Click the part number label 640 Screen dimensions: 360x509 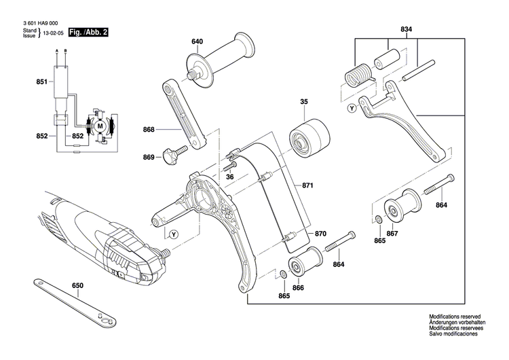pos(197,42)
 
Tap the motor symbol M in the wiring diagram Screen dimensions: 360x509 pos(100,126)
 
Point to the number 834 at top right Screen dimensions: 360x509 pos(406,30)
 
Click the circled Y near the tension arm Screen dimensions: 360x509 pos(351,107)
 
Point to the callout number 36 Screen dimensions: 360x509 pos(229,177)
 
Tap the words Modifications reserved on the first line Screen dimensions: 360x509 pos(454,317)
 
